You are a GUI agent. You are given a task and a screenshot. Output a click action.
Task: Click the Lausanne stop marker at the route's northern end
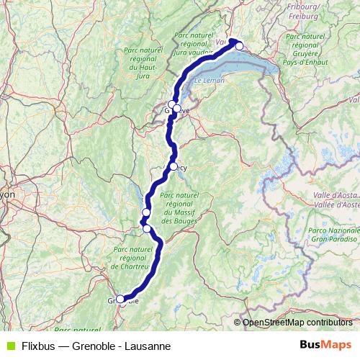[240, 46]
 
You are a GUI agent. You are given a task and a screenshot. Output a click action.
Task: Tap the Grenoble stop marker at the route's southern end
[120, 300]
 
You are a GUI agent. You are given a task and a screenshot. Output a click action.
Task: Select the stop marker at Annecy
[174, 166]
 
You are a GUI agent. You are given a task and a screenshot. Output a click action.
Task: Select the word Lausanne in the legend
[146, 346]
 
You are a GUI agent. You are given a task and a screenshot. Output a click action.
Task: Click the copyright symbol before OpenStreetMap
[238, 323]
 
